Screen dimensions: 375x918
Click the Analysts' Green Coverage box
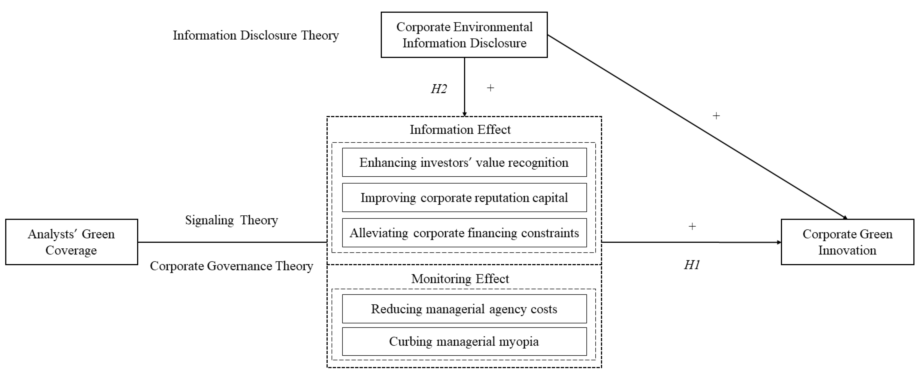click(71, 242)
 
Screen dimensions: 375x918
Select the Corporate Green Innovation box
click(847, 242)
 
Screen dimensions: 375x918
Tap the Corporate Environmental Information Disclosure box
click(464, 35)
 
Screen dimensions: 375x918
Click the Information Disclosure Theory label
click(256, 35)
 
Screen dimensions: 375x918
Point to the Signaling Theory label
click(231, 220)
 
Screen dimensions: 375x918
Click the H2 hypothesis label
click(439, 89)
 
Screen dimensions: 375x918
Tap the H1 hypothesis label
click(692, 265)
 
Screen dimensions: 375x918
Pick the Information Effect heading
click(460, 129)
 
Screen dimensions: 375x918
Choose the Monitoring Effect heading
click(460, 278)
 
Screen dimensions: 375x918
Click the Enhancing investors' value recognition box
click(464, 162)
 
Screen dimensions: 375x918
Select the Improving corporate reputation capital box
click(464, 198)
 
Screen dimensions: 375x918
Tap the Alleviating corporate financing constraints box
click(464, 233)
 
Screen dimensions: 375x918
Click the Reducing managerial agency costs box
click(464, 309)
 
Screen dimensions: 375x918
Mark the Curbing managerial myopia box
click(464, 342)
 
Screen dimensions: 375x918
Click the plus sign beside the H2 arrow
click(490, 88)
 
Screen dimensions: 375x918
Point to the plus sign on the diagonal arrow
click(716, 116)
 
